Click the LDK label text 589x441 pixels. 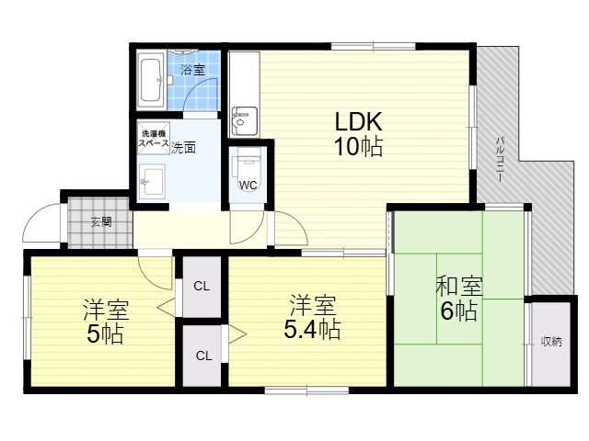(x=358, y=121)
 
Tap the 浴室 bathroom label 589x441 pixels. (x=192, y=70)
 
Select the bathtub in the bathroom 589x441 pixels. (x=151, y=80)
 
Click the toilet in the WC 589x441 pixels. (x=248, y=169)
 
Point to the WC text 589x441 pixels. (x=248, y=185)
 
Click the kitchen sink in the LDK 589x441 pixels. (x=244, y=120)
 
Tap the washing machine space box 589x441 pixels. (x=154, y=138)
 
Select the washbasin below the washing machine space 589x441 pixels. (x=152, y=182)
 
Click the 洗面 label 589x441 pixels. (x=183, y=148)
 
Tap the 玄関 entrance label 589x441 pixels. (x=101, y=222)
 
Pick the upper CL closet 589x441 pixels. (x=202, y=286)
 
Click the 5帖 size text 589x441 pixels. (x=105, y=334)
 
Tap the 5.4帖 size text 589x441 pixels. (x=312, y=329)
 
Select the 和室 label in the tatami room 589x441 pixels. (x=459, y=286)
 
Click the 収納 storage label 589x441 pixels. (x=551, y=342)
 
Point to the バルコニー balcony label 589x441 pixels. (x=500, y=159)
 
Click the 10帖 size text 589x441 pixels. (x=358, y=146)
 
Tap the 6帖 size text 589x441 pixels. (x=459, y=311)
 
